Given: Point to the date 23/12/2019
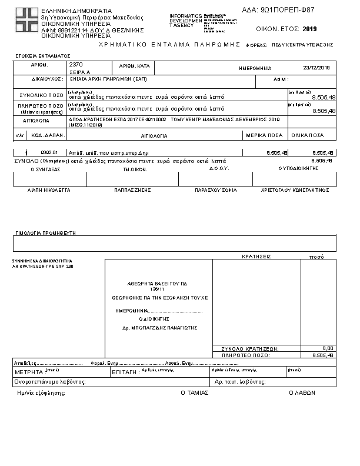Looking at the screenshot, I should (316, 68).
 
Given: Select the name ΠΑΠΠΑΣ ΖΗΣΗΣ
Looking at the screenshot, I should (133, 191).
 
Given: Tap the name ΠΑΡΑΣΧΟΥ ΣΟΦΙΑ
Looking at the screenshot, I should (216, 191).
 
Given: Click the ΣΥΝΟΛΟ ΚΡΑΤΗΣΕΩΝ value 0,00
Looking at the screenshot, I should (328, 348).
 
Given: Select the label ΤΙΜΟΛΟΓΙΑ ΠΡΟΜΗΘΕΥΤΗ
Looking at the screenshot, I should (46, 233).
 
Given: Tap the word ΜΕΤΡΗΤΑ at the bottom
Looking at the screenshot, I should (29, 372).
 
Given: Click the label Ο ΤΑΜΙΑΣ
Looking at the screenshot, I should (194, 392).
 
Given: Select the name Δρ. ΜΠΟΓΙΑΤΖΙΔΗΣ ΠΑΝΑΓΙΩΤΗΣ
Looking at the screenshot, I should (159, 327).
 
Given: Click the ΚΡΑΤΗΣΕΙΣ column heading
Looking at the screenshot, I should (256, 257).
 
